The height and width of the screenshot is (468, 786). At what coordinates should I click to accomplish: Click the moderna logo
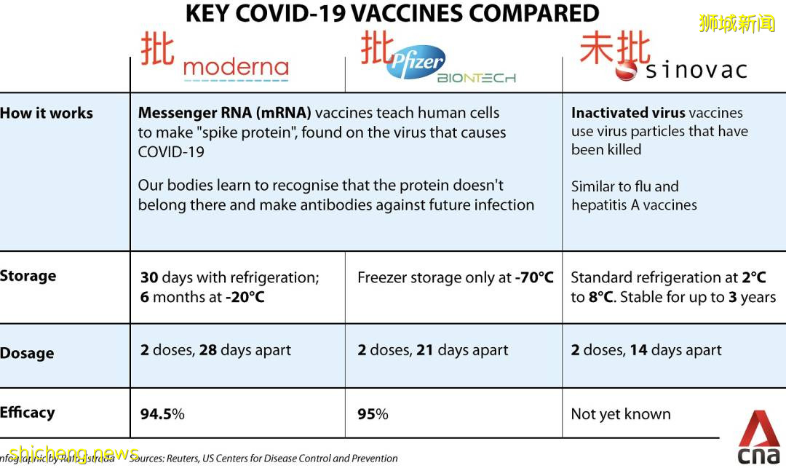coord(236,69)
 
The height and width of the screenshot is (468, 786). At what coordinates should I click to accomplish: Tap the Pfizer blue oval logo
coord(416,63)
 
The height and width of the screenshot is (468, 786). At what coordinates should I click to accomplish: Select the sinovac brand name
coord(696,70)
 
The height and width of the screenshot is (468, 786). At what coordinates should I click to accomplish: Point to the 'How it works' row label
coord(47,113)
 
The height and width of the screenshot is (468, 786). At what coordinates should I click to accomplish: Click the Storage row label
coord(28,276)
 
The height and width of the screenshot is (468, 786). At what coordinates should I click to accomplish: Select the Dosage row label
coord(27,353)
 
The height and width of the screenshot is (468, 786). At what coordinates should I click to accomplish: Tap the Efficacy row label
coord(28,413)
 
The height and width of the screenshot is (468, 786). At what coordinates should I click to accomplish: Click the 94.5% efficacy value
coord(162,414)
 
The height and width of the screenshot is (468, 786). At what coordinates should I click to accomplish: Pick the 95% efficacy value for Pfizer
coord(373,414)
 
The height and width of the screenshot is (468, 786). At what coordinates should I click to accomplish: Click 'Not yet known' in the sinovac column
coord(621,414)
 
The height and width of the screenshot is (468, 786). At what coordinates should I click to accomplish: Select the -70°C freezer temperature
coord(534,277)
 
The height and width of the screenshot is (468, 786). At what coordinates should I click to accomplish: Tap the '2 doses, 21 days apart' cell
coord(432,350)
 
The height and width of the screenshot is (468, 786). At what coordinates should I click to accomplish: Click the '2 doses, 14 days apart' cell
coord(646,350)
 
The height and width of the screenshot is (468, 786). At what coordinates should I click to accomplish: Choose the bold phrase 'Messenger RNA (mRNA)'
coord(224,113)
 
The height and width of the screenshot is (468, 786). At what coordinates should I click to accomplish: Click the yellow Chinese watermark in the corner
coord(737,23)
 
